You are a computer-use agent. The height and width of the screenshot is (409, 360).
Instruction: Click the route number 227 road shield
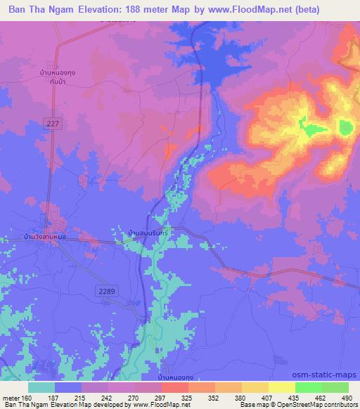coord(56,123)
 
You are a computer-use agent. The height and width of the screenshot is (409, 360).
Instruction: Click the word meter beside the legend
coord(10,397)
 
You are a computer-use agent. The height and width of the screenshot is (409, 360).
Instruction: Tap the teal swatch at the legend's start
coord(41,387)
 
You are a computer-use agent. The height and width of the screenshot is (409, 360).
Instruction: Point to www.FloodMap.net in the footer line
coord(160,405)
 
